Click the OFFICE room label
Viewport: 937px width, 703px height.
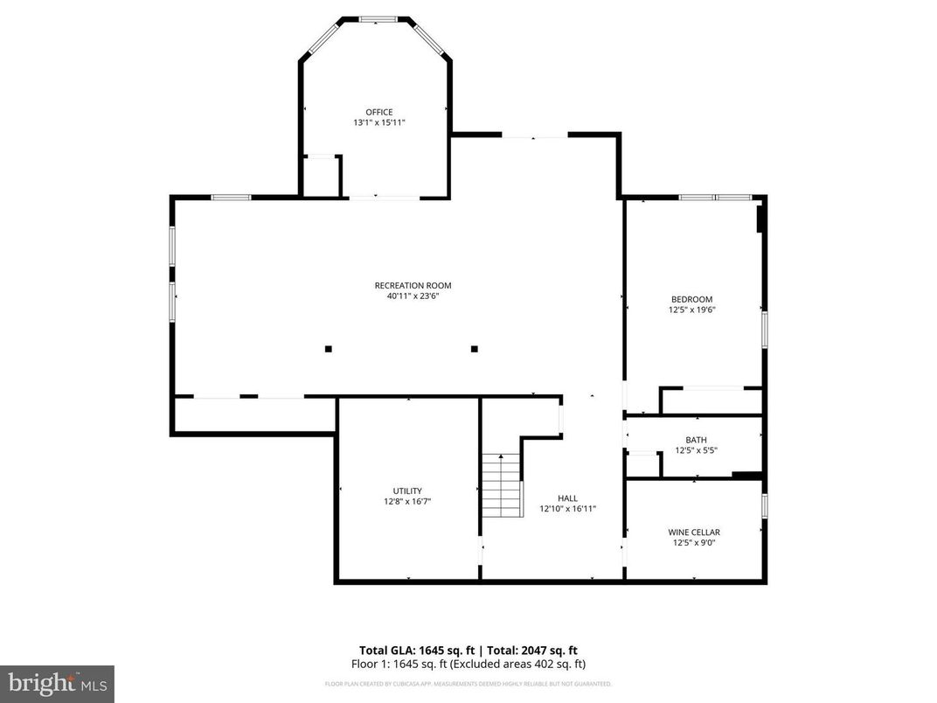(x=378, y=112)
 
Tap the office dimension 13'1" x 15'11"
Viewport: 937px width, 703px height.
(x=378, y=123)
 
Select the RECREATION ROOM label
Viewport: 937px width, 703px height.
(x=413, y=285)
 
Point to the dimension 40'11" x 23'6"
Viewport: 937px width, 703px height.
(x=413, y=296)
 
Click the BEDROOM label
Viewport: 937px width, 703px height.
(x=691, y=299)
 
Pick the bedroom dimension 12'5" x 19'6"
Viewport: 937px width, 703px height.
(x=691, y=310)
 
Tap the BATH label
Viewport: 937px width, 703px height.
(x=696, y=440)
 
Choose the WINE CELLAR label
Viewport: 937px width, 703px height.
(x=694, y=532)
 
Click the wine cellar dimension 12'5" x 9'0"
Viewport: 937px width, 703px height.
(x=694, y=542)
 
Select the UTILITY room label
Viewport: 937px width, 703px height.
(x=407, y=491)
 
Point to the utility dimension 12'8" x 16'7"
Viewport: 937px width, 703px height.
(x=407, y=502)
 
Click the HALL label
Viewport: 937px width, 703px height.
(x=567, y=498)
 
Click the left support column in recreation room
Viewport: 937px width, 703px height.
(x=329, y=349)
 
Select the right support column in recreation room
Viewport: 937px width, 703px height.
(x=475, y=349)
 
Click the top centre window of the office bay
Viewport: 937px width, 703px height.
(x=378, y=18)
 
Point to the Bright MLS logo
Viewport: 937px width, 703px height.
(x=57, y=683)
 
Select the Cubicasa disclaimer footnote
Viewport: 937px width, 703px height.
(x=468, y=684)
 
